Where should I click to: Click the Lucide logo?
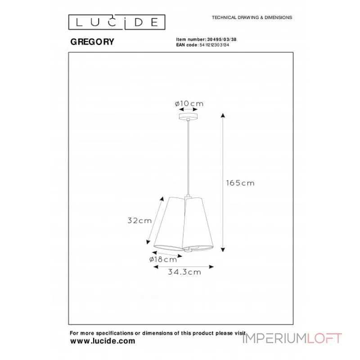click(117, 22)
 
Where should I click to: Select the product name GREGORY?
click(92, 42)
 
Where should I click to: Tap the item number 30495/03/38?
click(222, 40)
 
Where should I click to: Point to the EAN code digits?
click(214, 45)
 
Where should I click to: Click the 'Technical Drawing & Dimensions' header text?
click(252, 18)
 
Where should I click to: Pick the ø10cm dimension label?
click(189, 104)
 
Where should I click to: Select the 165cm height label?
click(240, 183)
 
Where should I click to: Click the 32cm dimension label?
click(140, 220)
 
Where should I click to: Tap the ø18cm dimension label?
click(163, 260)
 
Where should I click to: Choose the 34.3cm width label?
click(184, 272)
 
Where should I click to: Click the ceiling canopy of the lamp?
click(188, 116)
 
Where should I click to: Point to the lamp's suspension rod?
click(188, 157)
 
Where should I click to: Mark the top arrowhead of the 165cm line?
click(223, 115)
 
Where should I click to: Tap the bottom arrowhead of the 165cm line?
click(223, 250)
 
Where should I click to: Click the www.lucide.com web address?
click(103, 341)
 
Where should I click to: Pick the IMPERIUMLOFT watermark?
click(292, 338)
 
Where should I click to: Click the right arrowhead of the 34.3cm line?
click(211, 266)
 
